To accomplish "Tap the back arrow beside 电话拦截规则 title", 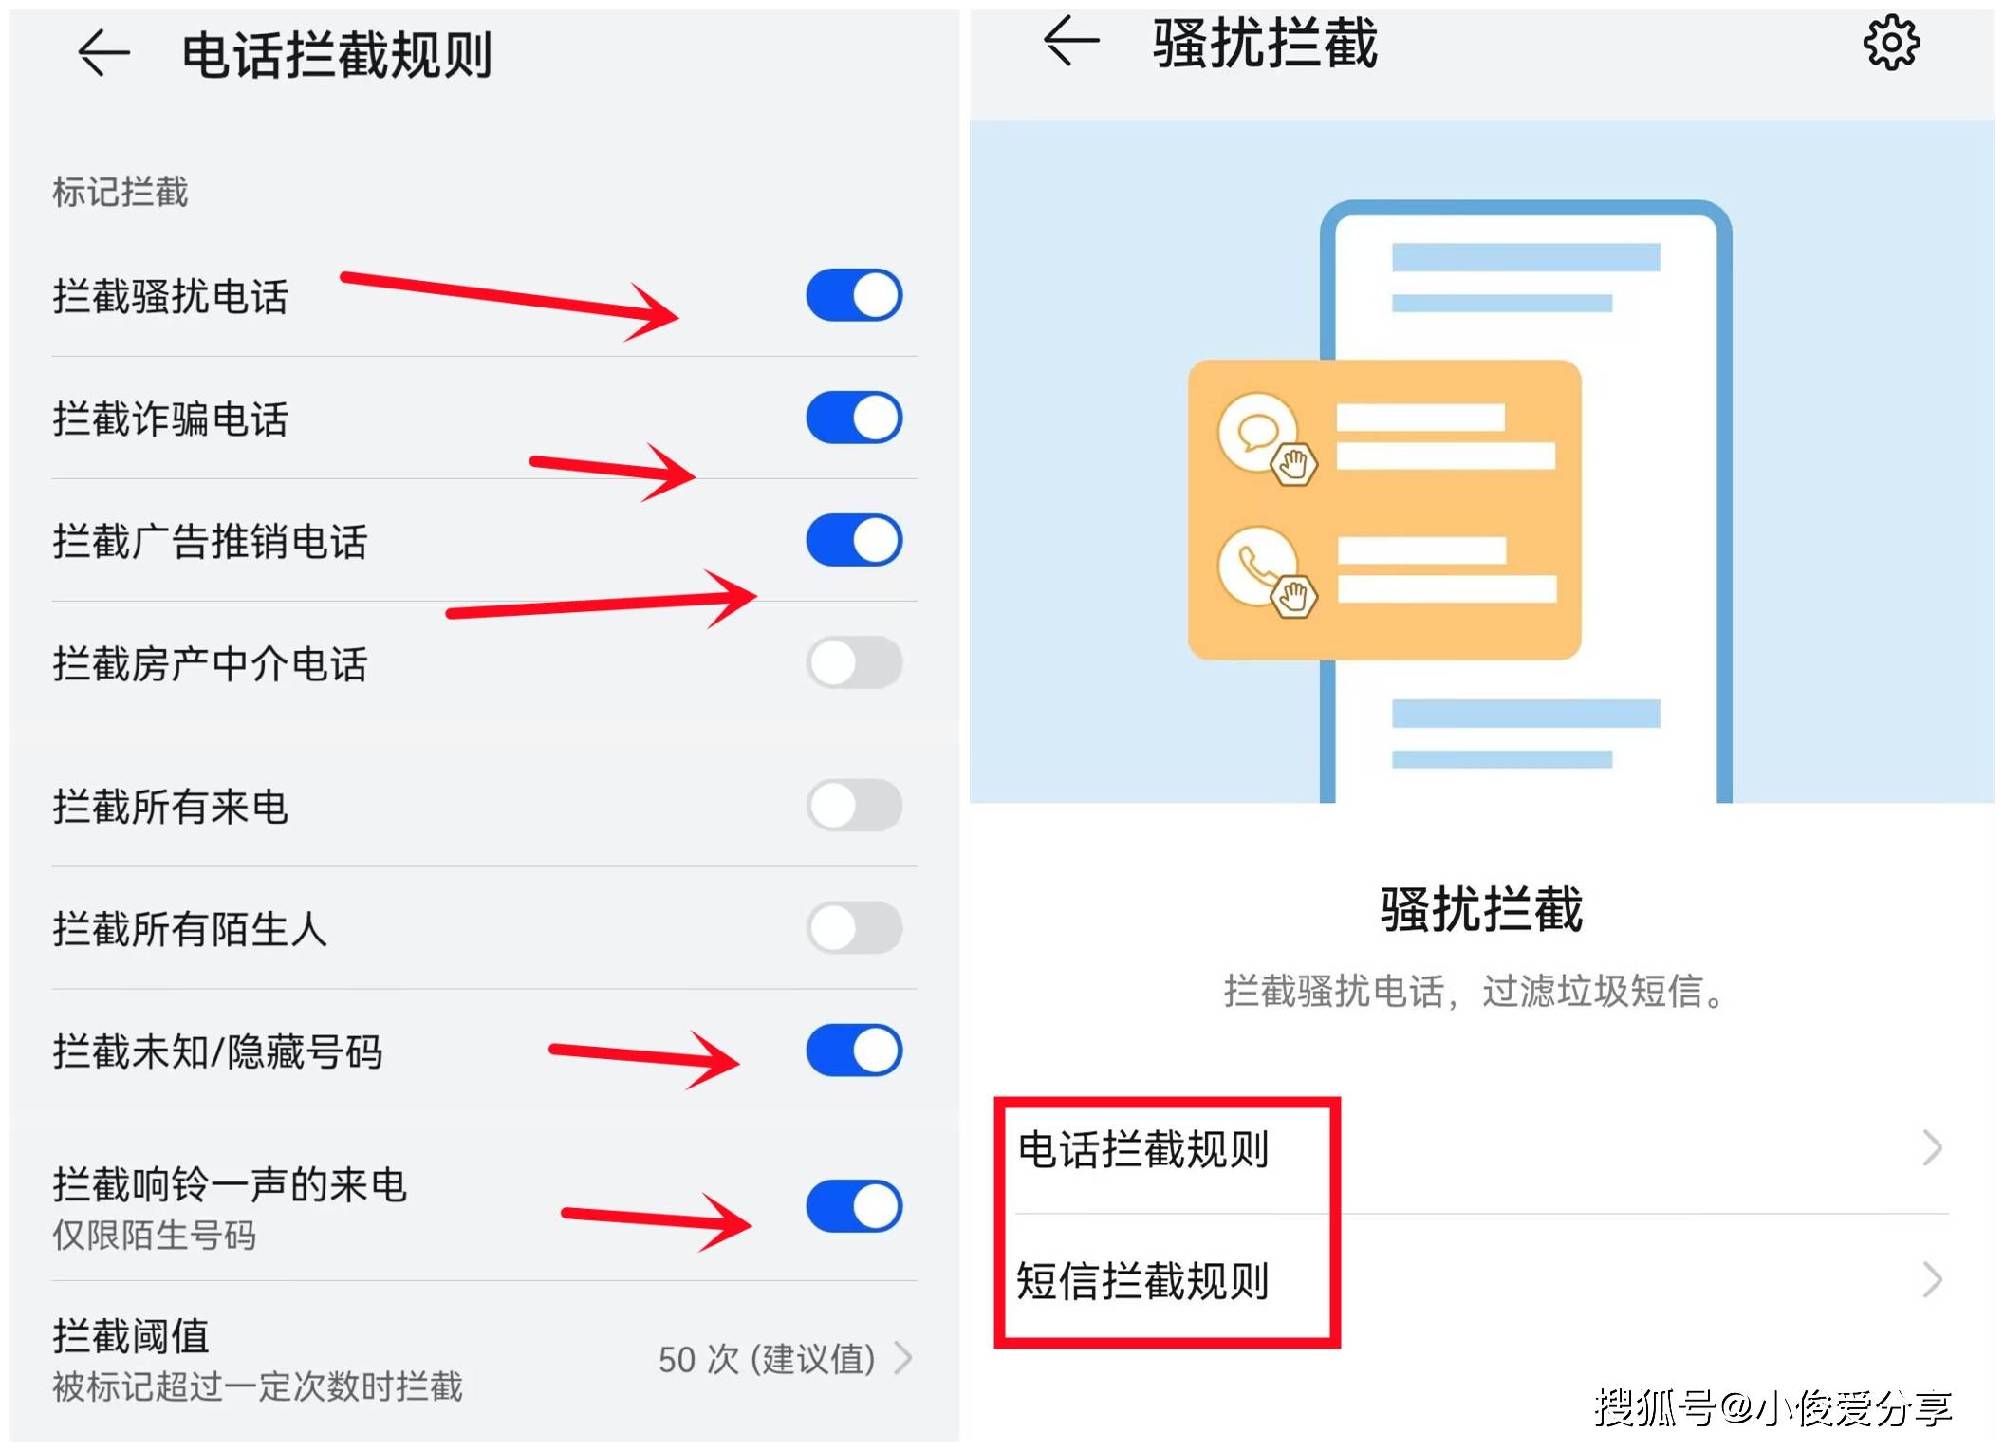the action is [x=103, y=52].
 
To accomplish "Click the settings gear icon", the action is [x=1891, y=43].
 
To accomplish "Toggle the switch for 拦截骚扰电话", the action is [x=854, y=295].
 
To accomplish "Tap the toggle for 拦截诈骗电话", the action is [x=854, y=418].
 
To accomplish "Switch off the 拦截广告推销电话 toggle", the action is [x=854, y=540].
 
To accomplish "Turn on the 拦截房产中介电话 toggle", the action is [x=854, y=662].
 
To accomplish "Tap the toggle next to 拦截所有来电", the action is [x=854, y=806].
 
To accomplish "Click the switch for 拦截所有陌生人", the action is [x=854, y=928].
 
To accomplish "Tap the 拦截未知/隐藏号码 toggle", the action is [x=854, y=1051].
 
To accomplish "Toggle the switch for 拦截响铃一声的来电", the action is [x=854, y=1206].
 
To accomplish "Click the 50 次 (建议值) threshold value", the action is [x=767, y=1359].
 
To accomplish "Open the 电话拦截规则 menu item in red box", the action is [x=1142, y=1149].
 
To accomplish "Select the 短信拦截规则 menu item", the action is [x=1142, y=1280].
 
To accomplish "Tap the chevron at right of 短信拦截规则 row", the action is [x=1932, y=1280].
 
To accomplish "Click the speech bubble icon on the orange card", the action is [x=1258, y=433].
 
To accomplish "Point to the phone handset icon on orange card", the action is [x=1258, y=567].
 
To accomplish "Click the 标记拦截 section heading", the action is [x=121, y=192].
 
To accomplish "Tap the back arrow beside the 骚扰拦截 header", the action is [x=1070, y=41].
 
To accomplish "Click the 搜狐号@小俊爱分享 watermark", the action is [x=1772, y=1407].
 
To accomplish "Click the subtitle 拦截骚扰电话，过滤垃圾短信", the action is [x=1474, y=992].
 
